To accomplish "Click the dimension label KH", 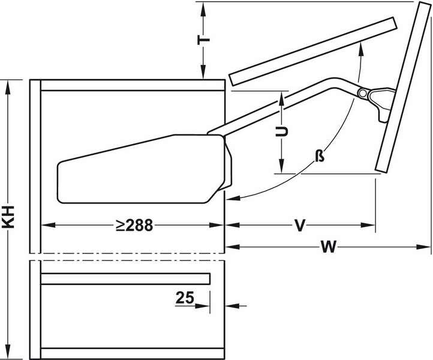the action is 8,217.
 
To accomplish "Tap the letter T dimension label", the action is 203,40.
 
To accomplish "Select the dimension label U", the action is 282,132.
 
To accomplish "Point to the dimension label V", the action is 300,225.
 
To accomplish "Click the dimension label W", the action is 328,247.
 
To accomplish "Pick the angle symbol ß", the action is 320,156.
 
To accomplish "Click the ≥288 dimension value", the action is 134,225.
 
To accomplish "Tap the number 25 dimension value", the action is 185,298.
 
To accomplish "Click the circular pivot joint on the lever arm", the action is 362,93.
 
